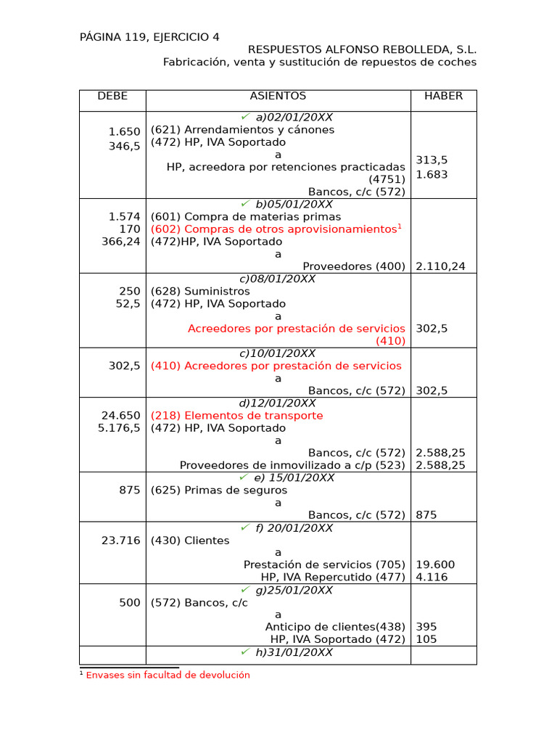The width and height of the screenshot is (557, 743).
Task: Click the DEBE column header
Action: [112, 97]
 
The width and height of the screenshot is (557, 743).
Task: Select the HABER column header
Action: [443, 97]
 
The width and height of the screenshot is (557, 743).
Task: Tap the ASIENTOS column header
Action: [278, 97]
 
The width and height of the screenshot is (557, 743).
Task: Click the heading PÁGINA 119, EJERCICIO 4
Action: [149, 37]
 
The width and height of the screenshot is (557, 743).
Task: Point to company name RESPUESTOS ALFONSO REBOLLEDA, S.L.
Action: [362, 49]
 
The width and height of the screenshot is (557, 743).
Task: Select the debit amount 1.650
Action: [124, 131]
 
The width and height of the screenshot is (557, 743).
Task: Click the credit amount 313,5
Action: [432, 160]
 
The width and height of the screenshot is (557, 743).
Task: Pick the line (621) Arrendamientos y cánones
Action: [242, 130]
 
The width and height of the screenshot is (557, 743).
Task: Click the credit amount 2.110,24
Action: [442, 266]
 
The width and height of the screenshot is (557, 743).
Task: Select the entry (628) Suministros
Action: [200, 291]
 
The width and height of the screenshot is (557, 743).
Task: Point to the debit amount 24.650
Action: [120, 416]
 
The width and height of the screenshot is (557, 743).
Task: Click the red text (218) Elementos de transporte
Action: [236, 416]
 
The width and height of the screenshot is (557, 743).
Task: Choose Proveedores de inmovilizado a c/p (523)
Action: [292, 465]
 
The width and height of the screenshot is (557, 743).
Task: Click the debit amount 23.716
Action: [120, 541]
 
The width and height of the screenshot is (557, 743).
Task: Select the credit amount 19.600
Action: [436, 565]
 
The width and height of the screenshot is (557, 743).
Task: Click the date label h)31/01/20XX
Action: [294, 652]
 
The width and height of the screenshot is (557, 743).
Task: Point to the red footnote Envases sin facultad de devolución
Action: [168, 675]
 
